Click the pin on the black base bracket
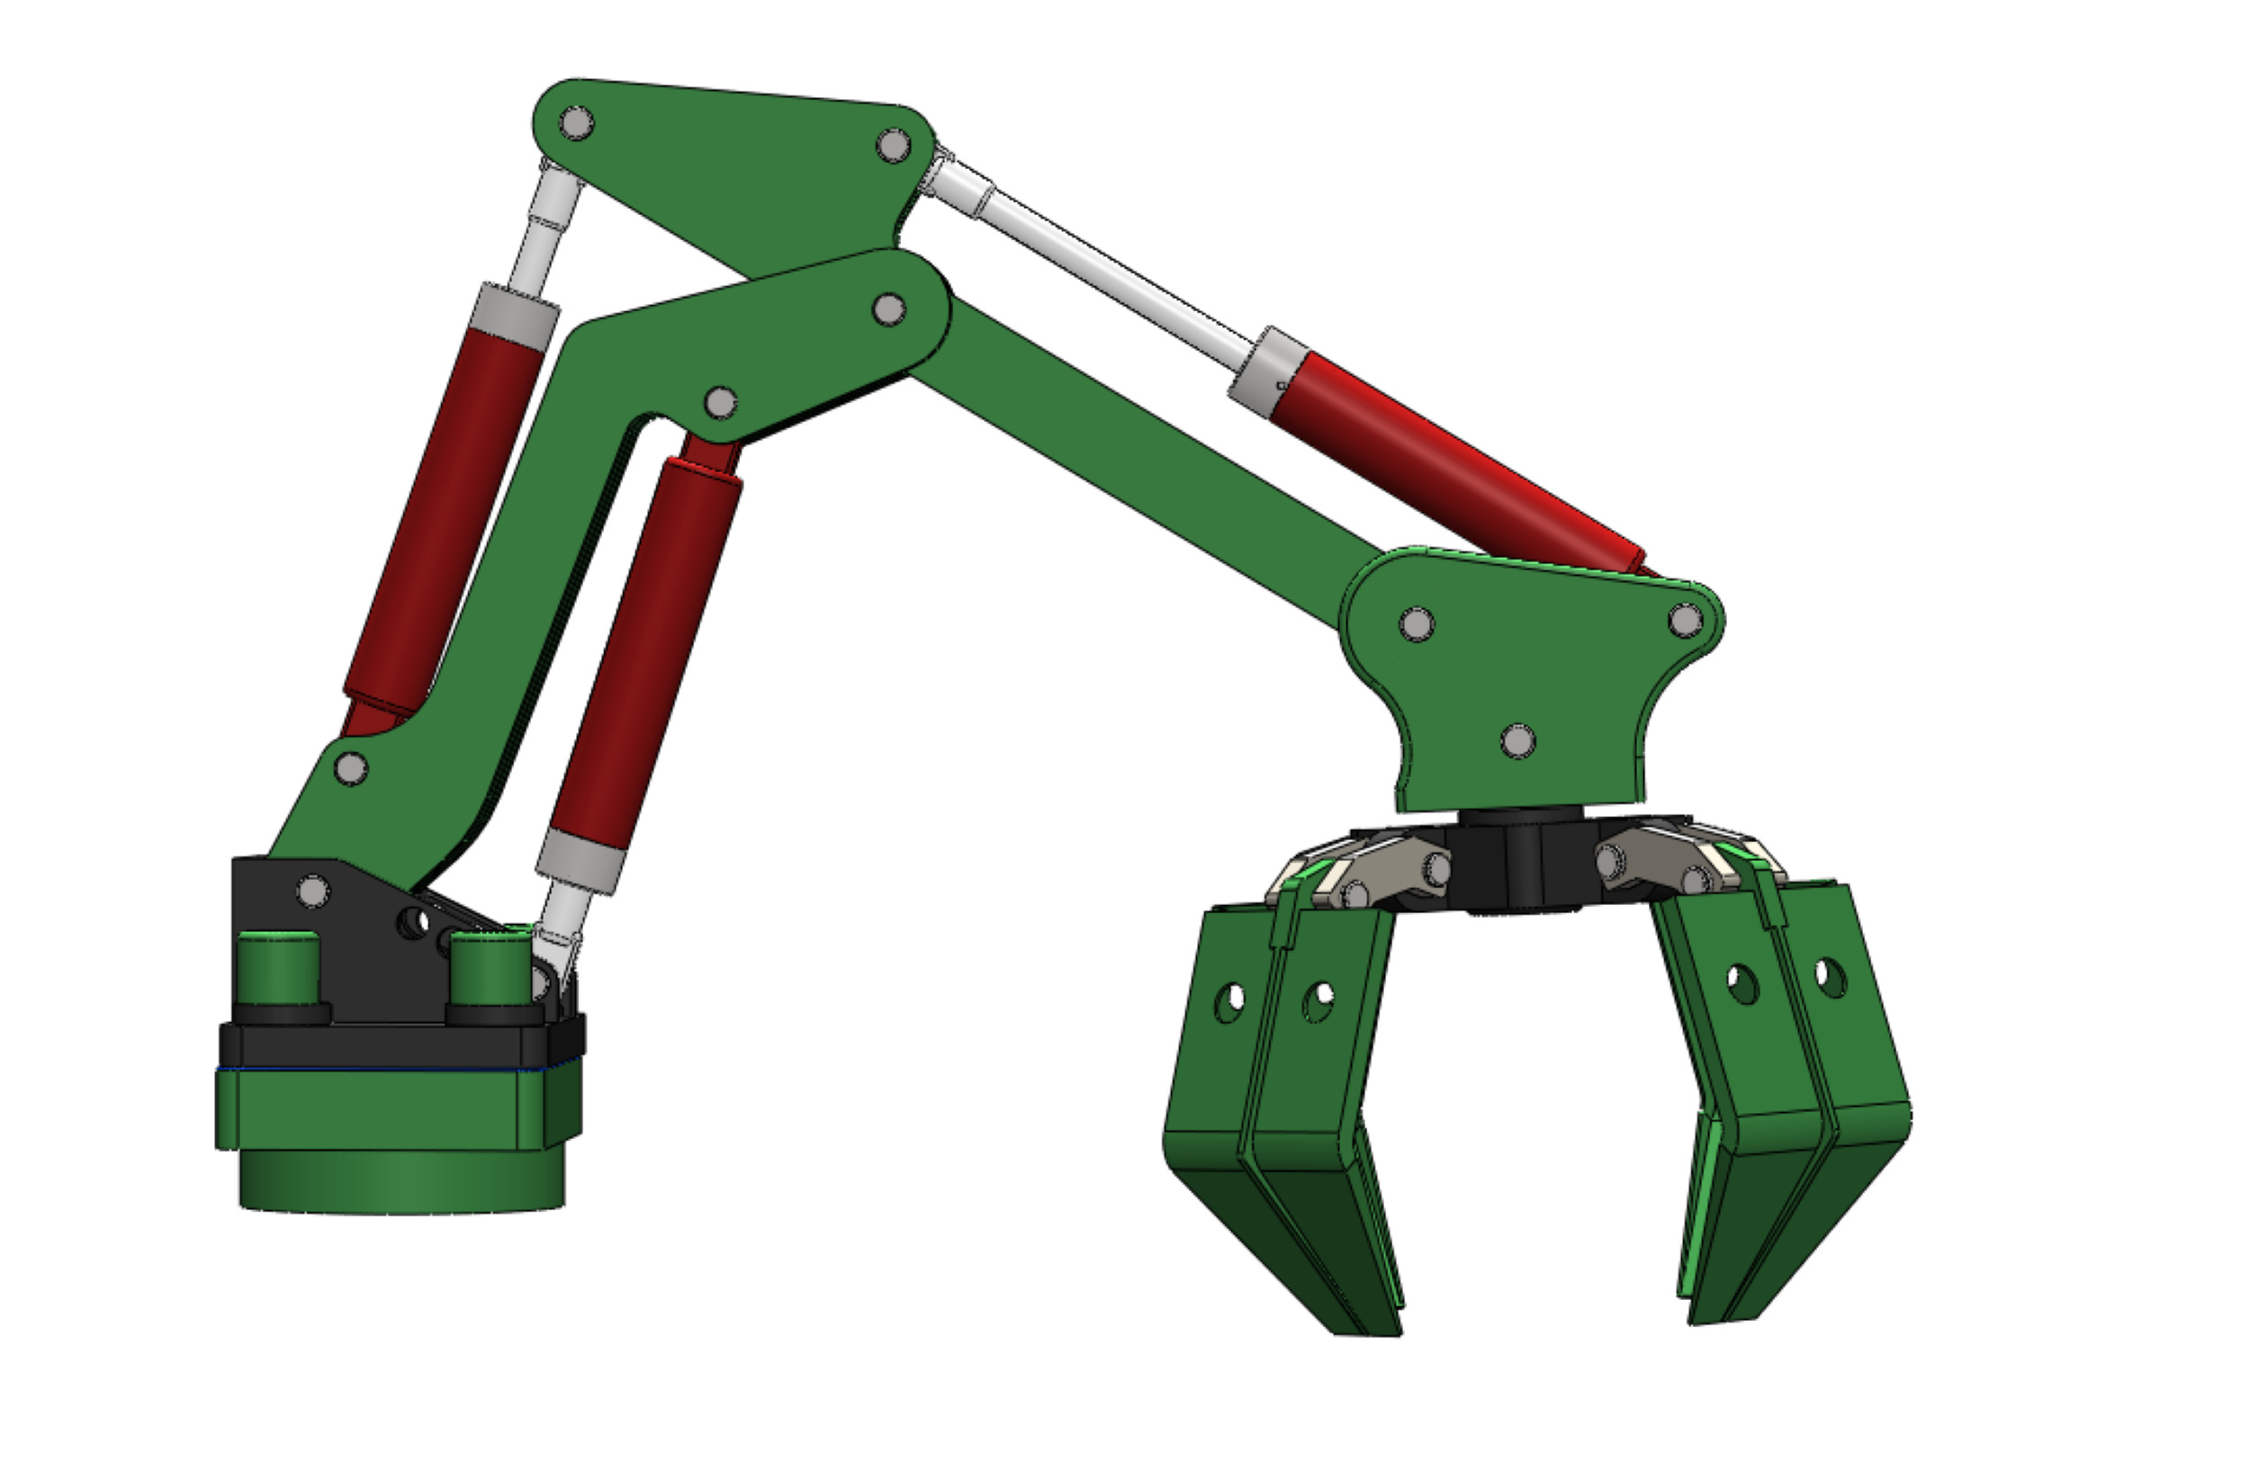(x=313, y=892)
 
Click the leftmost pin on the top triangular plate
(x=577, y=123)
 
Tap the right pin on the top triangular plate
(x=894, y=146)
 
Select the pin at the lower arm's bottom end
(x=351, y=768)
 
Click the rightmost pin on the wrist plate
(x=1686, y=621)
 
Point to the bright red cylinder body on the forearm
(x=1456, y=463)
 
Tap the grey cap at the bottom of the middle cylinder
(x=580, y=862)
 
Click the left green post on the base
(x=277, y=969)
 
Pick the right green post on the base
(x=489, y=969)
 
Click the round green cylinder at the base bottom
(x=401, y=1181)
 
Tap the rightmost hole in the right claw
(x=1831, y=979)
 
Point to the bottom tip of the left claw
(x=1366, y=1328)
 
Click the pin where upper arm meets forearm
(x=887, y=309)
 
